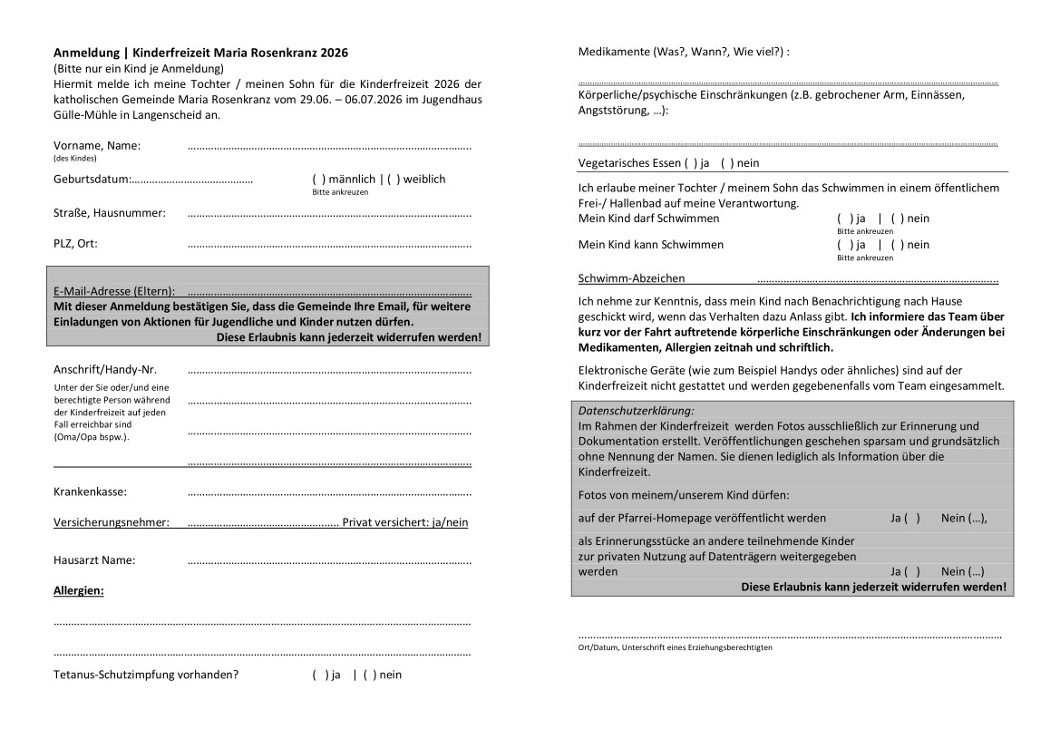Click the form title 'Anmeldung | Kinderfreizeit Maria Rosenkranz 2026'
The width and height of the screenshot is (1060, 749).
(x=200, y=53)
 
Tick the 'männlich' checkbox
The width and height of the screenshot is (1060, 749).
(x=318, y=180)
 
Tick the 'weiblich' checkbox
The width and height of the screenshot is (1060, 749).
(x=394, y=180)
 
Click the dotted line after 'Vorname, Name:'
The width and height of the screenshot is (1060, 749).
(x=329, y=147)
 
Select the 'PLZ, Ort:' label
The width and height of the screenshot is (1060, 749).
(x=75, y=243)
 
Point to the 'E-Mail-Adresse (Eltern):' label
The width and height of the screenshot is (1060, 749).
(x=114, y=291)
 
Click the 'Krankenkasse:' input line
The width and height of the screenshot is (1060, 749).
(x=329, y=493)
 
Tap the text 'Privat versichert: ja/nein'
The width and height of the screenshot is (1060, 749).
(x=405, y=522)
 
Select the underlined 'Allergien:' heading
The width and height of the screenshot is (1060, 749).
(x=79, y=590)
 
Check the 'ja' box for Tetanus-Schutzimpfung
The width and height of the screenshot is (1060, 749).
(x=320, y=675)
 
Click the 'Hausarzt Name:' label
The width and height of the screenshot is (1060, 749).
(x=94, y=559)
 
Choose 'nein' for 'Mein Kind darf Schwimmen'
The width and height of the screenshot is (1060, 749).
(x=898, y=219)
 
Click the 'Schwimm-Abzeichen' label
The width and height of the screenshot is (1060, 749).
(x=631, y=278)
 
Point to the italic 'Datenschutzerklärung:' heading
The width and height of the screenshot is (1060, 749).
(x=635, y=411)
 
